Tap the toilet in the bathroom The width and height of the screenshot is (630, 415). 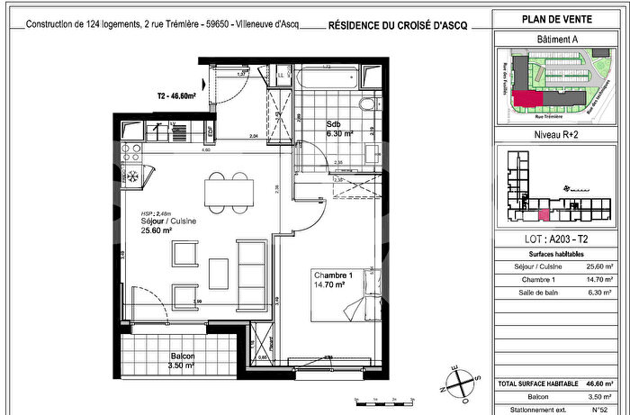coord(366,110)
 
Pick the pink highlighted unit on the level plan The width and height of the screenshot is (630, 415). coord(543,214)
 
